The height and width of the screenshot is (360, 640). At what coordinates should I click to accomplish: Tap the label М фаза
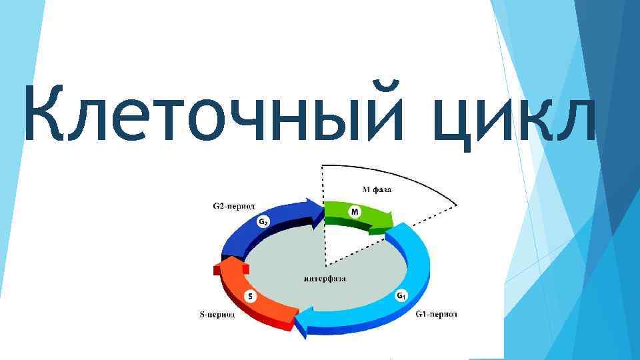pyautogui.click(x=377, y=189)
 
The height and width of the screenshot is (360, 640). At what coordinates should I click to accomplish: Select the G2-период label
pyautogui.click(x=233, y=206)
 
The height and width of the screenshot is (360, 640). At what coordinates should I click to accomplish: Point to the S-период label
pyautogui.click(x=217, y=315)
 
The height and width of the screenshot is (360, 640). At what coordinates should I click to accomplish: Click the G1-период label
pyautogui.click(x=436, y=313)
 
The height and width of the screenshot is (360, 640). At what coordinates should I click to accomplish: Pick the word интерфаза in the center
pyautogui.click(x=324, y=278)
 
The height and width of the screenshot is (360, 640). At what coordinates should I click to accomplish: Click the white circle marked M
pyautogui.click(x=355, y=212)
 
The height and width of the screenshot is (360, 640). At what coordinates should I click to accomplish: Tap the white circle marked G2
pyautogui.click(x=264, y=222)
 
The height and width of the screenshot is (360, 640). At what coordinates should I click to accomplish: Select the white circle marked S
pyautogui.click(x=249, y=297)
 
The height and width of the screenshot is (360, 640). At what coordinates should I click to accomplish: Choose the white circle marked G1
pyautogui.click(x=401, y=295)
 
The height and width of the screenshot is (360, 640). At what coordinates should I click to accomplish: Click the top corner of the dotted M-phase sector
pyautogui.click(x=323, y=165)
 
